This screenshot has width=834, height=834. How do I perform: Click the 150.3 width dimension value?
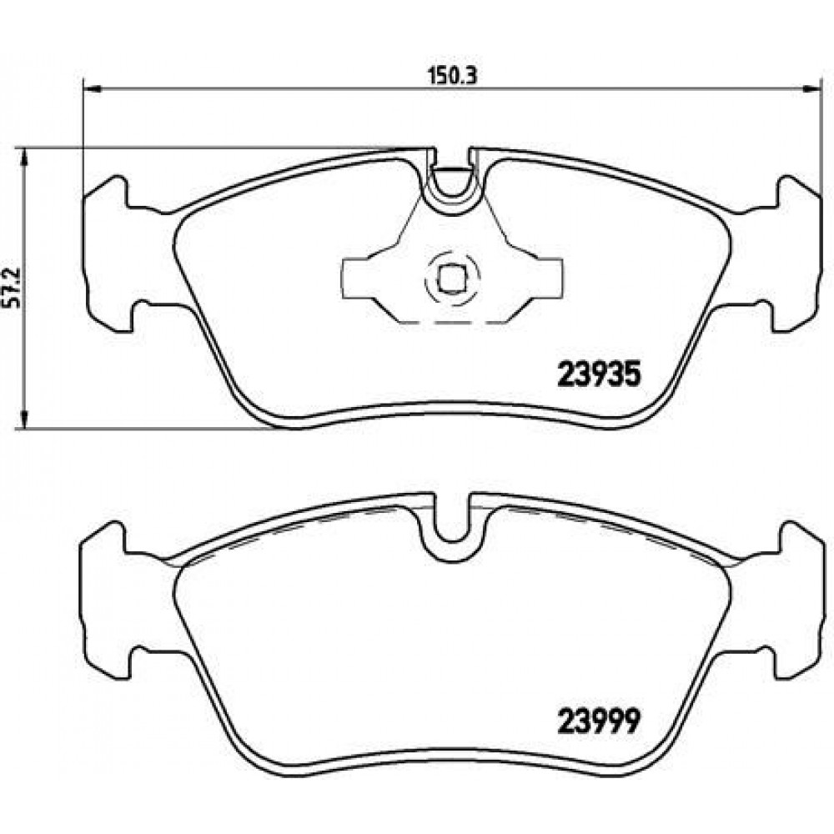pos(453,76)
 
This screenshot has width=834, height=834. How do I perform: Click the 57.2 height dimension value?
pos(13,288)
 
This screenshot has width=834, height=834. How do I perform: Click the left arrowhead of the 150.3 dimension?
pos(93,89)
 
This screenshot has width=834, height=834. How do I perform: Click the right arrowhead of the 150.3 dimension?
pos(811,89)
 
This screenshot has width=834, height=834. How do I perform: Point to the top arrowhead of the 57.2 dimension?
pos(23,158)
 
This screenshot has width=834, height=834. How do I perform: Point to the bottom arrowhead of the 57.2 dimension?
pos(23,419)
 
